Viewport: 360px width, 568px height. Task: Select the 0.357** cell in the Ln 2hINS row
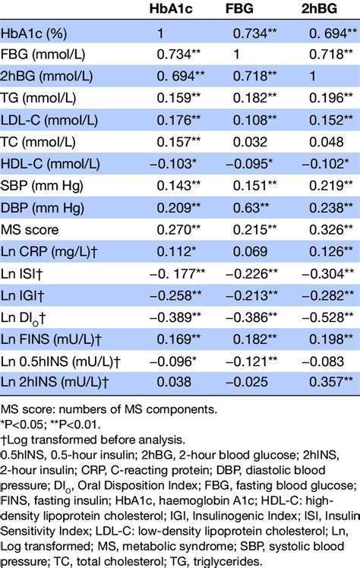pos(327,379)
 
